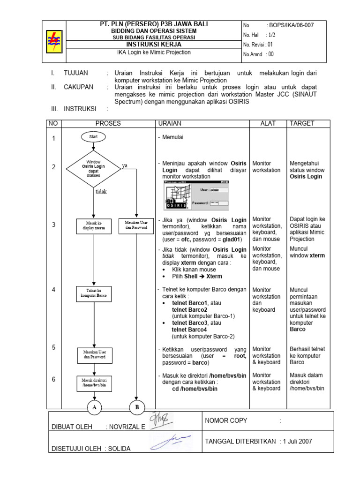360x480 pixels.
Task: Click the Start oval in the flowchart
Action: pos(94,137)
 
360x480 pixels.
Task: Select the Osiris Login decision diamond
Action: pos(93,168)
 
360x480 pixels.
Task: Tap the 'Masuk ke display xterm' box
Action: pos(94,225)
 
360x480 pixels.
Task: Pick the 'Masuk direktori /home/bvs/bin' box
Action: pos(94,382)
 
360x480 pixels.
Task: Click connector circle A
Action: pos(94,408)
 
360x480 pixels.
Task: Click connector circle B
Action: pos(137,408)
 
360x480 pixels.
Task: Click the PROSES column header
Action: pos(108,124)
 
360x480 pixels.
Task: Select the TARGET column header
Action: pos(302,124)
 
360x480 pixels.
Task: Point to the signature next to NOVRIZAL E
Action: pos(161,420)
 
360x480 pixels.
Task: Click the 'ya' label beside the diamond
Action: pos(125,166)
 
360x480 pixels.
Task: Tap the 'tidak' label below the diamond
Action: pos(101,192)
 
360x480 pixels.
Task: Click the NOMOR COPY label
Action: pos(226,420)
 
